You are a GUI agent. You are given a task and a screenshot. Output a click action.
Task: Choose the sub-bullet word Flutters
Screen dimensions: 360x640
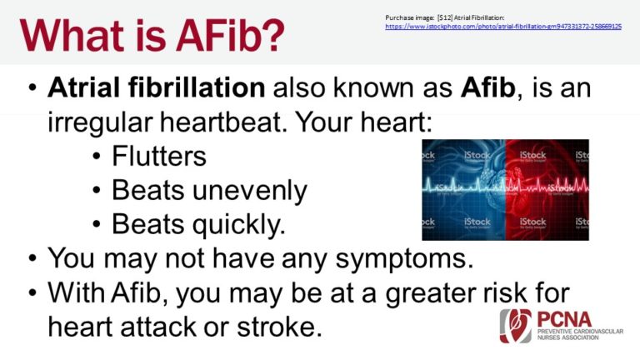point(159,156)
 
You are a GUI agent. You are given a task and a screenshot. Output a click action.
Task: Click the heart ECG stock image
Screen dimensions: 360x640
point(505,190)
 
